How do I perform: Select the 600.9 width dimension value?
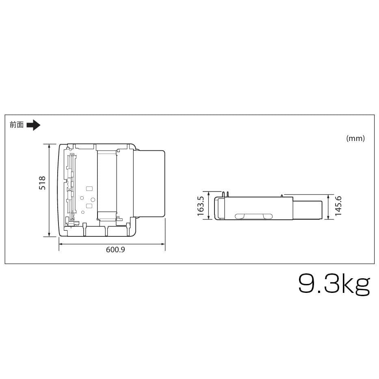tap(115, 250)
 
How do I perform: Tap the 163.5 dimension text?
tap(200, 206)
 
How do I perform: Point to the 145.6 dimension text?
tap(338, 206)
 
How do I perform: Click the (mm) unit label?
tap(355, 138)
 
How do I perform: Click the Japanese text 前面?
tap(17, 125)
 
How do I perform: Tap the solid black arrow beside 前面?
tap(33, 125)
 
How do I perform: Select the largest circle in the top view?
tap(93, 199)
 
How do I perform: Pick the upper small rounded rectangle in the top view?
tap(89, 188)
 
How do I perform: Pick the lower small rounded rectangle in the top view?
tap(89, 206)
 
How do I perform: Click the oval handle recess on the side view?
tap(254, 216)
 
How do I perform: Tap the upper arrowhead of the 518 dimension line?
tap(49, 145)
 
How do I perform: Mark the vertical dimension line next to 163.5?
tap(208, 206)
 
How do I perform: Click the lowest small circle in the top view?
tap(83, 212)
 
